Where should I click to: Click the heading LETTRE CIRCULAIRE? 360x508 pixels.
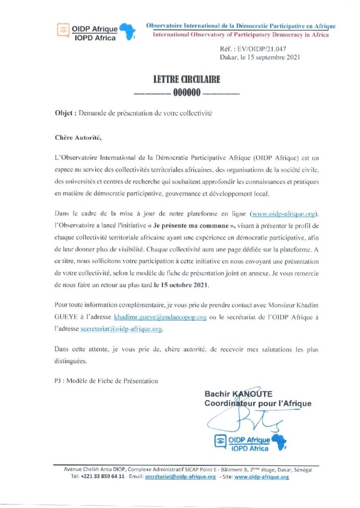click(x=186, y=79)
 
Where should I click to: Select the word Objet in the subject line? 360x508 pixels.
click(x=63, y=113)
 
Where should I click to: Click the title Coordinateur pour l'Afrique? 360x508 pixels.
click(x=258, y=403)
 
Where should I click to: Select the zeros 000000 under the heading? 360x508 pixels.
click(x=186, y=92)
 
